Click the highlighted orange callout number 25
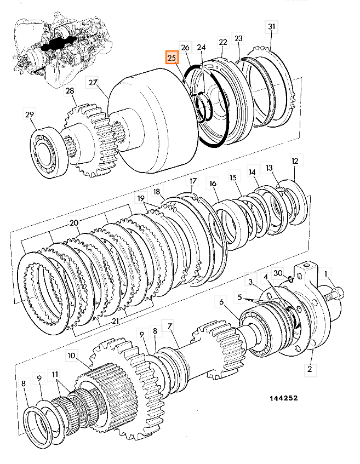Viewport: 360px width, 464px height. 172,58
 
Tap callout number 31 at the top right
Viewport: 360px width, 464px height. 271,27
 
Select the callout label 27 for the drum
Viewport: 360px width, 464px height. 93,82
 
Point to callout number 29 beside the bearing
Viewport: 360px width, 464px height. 30,114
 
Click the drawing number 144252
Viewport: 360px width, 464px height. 283,398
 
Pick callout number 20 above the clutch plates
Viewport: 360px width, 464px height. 74,222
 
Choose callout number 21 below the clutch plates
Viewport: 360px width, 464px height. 116,321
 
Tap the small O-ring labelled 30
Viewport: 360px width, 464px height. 290,279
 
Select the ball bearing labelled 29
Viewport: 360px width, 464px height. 50,152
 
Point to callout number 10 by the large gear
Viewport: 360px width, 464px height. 71,355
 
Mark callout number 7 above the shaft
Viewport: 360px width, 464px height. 170,326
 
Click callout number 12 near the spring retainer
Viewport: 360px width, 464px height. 295,161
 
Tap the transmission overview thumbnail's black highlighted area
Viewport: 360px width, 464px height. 56,45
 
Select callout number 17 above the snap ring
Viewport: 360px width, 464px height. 193,181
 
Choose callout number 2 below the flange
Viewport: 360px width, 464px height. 310,369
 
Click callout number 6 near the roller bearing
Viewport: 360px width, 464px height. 221,302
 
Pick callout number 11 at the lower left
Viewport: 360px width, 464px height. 55,375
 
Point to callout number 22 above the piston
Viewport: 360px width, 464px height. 222,42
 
